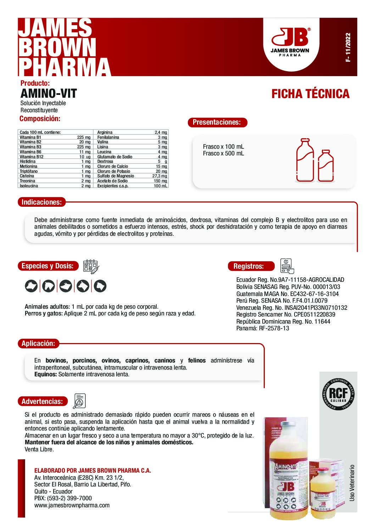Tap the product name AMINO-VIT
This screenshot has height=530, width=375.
pyautogui.click(x=49, y=93)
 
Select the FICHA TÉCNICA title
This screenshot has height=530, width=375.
pyautogui.click(x=310, y=94)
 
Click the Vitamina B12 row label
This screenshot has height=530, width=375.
pyautogui.click(x=32, y=156)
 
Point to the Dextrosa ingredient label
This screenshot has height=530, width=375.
pyautogui.click(x=105, y=161)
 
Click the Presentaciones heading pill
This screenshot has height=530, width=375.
pyautogui.click(x=217, y=122)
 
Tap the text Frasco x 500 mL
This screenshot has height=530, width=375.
pyautogui.click(x=223, y=154)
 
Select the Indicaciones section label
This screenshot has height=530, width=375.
pyautogui.click(x=41, y=202)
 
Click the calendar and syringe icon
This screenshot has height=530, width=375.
pyautogui.click(x=91, y=267)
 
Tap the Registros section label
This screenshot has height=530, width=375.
pyautogui.click(x=248, y=266)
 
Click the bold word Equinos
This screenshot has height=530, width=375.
pyautogui.click(x=45, y=374)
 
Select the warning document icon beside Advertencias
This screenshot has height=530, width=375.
pyautogui.click(x=79, y=401)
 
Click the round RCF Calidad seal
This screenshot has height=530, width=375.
pyautogui.click(x=338, y=394)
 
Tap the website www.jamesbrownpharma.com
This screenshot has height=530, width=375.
pyautogui.click(x=72, y=505)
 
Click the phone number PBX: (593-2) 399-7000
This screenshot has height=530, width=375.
pyautogui.click(x=63, y=498)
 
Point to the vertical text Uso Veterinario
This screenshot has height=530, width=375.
pyautogui.click(x=352, y=483)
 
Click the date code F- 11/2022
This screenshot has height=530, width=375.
pyautogui.click(x=348, y=47)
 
